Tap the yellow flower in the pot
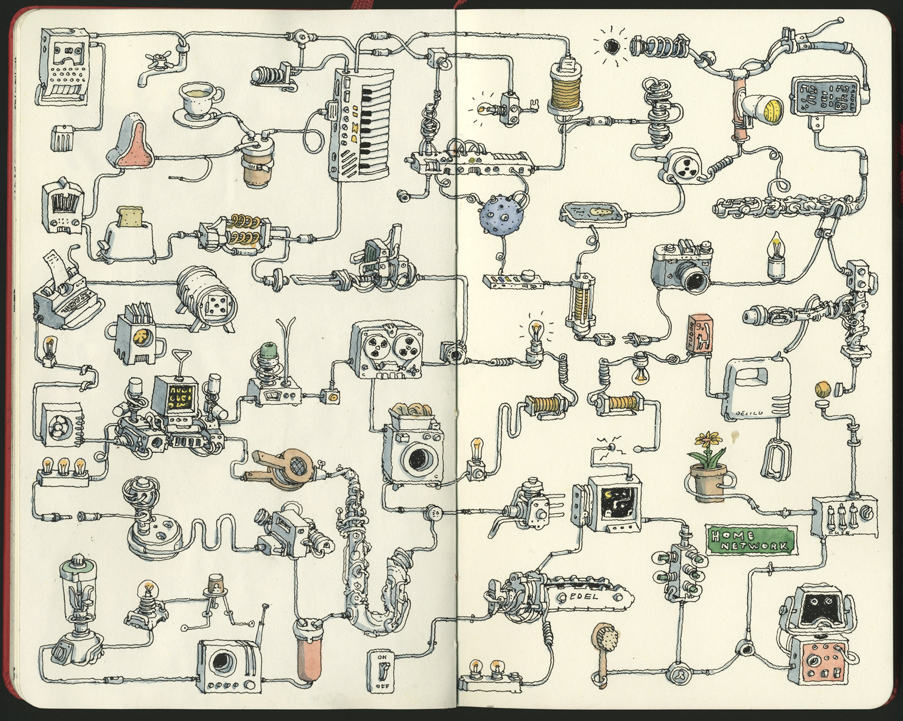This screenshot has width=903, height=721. point(703,443)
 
